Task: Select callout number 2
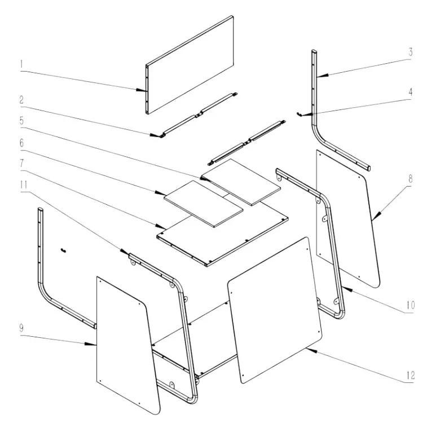(21, 100)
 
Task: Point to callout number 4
(411, 91)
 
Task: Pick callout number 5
(21, 120)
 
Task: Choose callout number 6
(21, 143)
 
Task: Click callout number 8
(411, 178)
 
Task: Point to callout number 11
(21, 183)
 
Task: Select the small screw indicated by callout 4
(301, 113)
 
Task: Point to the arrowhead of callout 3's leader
(317, 75)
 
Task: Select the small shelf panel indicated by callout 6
(203, 203)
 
